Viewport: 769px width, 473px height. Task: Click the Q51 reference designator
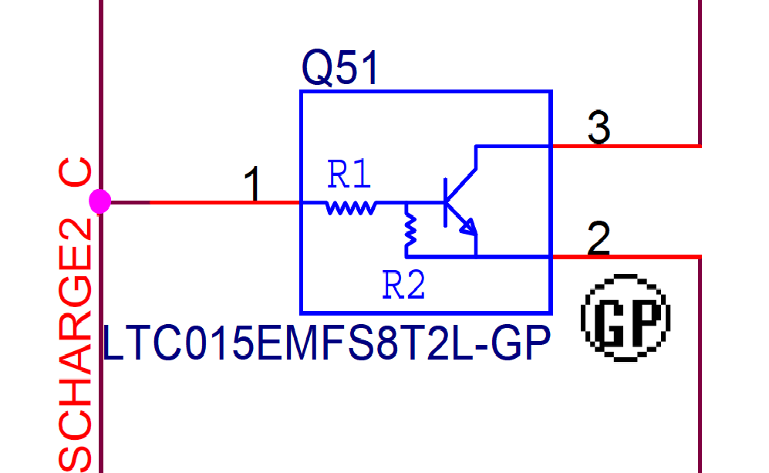pos(341,69)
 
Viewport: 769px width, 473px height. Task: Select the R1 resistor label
pos(349,177)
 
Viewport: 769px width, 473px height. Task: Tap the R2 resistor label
pos(404,287)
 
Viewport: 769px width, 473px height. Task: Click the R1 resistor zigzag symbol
pos(352,207)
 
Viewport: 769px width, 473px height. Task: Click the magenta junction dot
pos(99,202)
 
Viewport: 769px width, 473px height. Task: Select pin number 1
pos(252,186)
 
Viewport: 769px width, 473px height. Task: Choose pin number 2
pos(599,238)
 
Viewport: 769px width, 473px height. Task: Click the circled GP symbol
pos(625,316)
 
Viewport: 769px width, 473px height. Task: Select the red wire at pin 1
pos(224,203)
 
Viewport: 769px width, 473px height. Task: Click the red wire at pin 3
pos(625,146)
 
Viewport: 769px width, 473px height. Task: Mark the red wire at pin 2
pos(625,257)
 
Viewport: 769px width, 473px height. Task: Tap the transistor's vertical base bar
pos(446,203)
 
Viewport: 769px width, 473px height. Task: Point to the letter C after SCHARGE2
pos(77,176)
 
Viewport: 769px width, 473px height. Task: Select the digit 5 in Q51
pos(346,69)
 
